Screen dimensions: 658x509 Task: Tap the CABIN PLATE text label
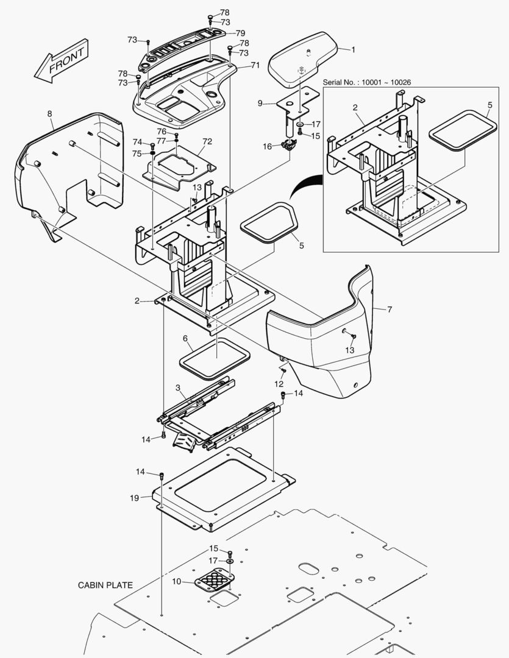pyautogui.click(x=105, y=585)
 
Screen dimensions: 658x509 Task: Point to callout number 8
pyautogui.click(x=49, y=113)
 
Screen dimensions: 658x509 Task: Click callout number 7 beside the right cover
pyautogui.click(x=390, y=310)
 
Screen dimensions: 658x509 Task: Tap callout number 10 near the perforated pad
pyautogui.click(x=176, y=582)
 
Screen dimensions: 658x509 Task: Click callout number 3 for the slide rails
pyautogui.click(x=177, y=387)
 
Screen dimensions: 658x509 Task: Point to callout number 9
pyautogui.click(x=260, y=104)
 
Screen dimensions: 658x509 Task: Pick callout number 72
pyautogui.click(x=207, y=141)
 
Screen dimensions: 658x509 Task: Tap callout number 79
pyautogui.click(x=240, y=32)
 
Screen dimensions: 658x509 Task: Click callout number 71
pyautogui.click(x=255, y=65)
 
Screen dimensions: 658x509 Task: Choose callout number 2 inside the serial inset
pyautogui.click(x=354, y=107)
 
